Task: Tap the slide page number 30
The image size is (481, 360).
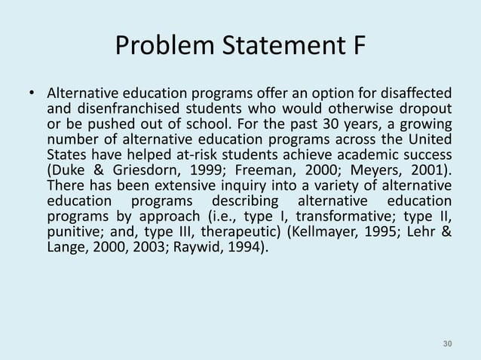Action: pos(447,344)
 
